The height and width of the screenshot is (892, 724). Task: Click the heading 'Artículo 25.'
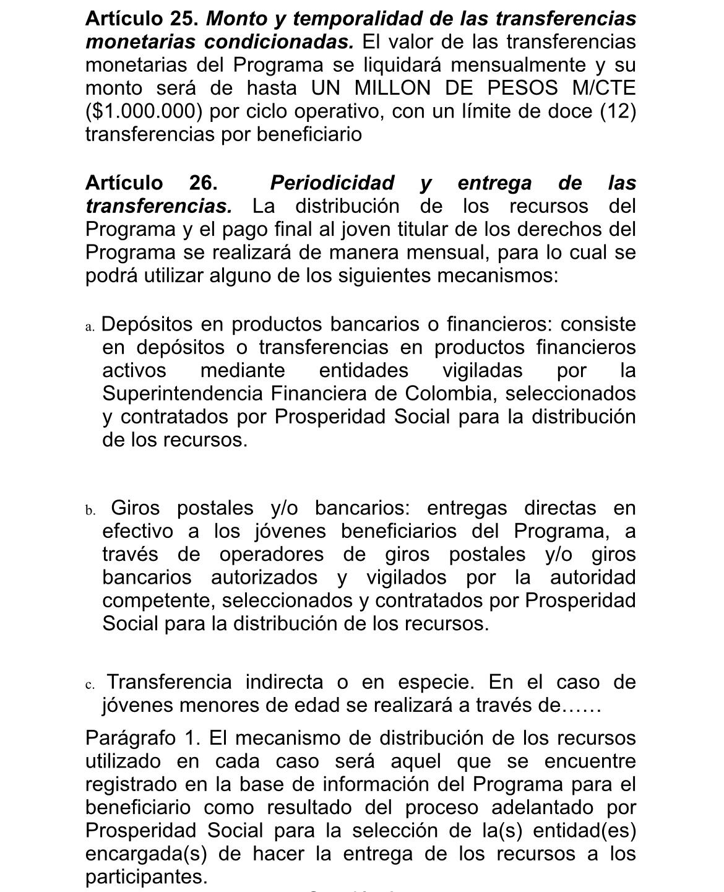coord(142,19)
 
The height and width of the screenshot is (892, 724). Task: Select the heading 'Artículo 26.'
coord(151,183)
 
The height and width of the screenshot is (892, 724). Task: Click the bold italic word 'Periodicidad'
coord(332,183)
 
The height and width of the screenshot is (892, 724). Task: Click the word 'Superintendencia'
coord(183,394)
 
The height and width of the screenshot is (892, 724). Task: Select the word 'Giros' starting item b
coord(135,508)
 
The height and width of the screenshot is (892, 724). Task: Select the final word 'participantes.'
coord(146,877)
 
